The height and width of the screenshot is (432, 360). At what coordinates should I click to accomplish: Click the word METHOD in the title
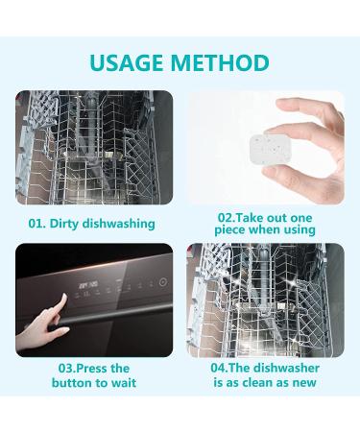[x=221, y=63]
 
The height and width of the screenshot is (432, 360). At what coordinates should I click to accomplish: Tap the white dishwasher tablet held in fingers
[x=271, y=151]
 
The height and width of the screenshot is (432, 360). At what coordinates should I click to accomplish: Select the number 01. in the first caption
[x=37, y=224]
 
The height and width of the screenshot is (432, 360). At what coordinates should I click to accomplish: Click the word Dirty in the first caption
[x=66, y=224]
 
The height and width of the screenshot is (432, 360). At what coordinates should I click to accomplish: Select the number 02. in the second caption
[x=227, y=218]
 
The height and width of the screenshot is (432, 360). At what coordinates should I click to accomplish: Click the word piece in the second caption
[x=229, y=230]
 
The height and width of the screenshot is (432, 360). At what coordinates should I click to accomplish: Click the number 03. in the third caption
[x=67, y=369]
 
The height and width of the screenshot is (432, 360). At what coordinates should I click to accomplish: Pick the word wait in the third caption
[x=123, y=383]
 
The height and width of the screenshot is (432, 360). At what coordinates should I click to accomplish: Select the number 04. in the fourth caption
[x=220, y=368]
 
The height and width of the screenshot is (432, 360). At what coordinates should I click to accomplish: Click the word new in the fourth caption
[x=304, y=383]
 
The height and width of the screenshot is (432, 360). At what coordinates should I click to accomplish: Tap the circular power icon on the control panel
[x=163, y=282]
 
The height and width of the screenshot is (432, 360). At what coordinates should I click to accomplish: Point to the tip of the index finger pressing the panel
[x=65, y=295]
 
